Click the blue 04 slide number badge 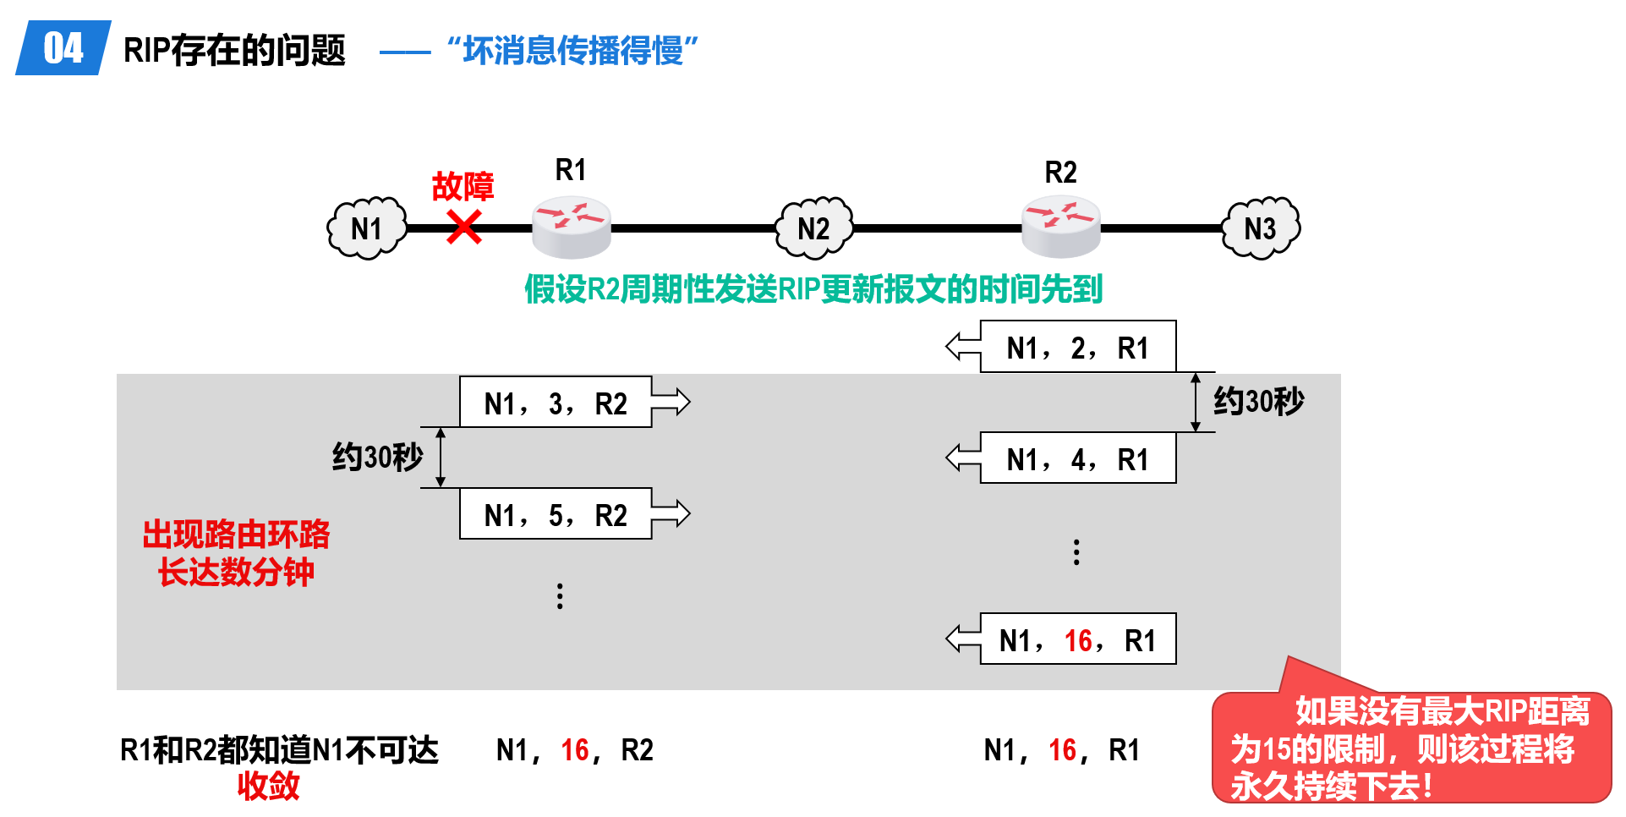(63, 47)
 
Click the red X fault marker (464, 227)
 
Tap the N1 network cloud (367, 228)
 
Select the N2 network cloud (814, 228)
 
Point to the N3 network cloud (1261, 228)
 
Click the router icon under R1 (572, 227)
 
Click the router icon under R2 (1061, 227)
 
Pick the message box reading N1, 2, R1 (1078, 347)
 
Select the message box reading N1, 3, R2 (556, 403)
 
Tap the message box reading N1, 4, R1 (1078, 458)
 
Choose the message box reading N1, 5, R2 (556, 514)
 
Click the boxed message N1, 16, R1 (1078, 639)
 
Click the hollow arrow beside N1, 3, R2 (671, 402)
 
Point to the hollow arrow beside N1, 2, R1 (963, 346)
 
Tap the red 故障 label (463, 186)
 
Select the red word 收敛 (268, 786)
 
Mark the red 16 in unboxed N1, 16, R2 (575, 750)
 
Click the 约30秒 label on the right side (1259, 402)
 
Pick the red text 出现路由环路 (236, 535)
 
